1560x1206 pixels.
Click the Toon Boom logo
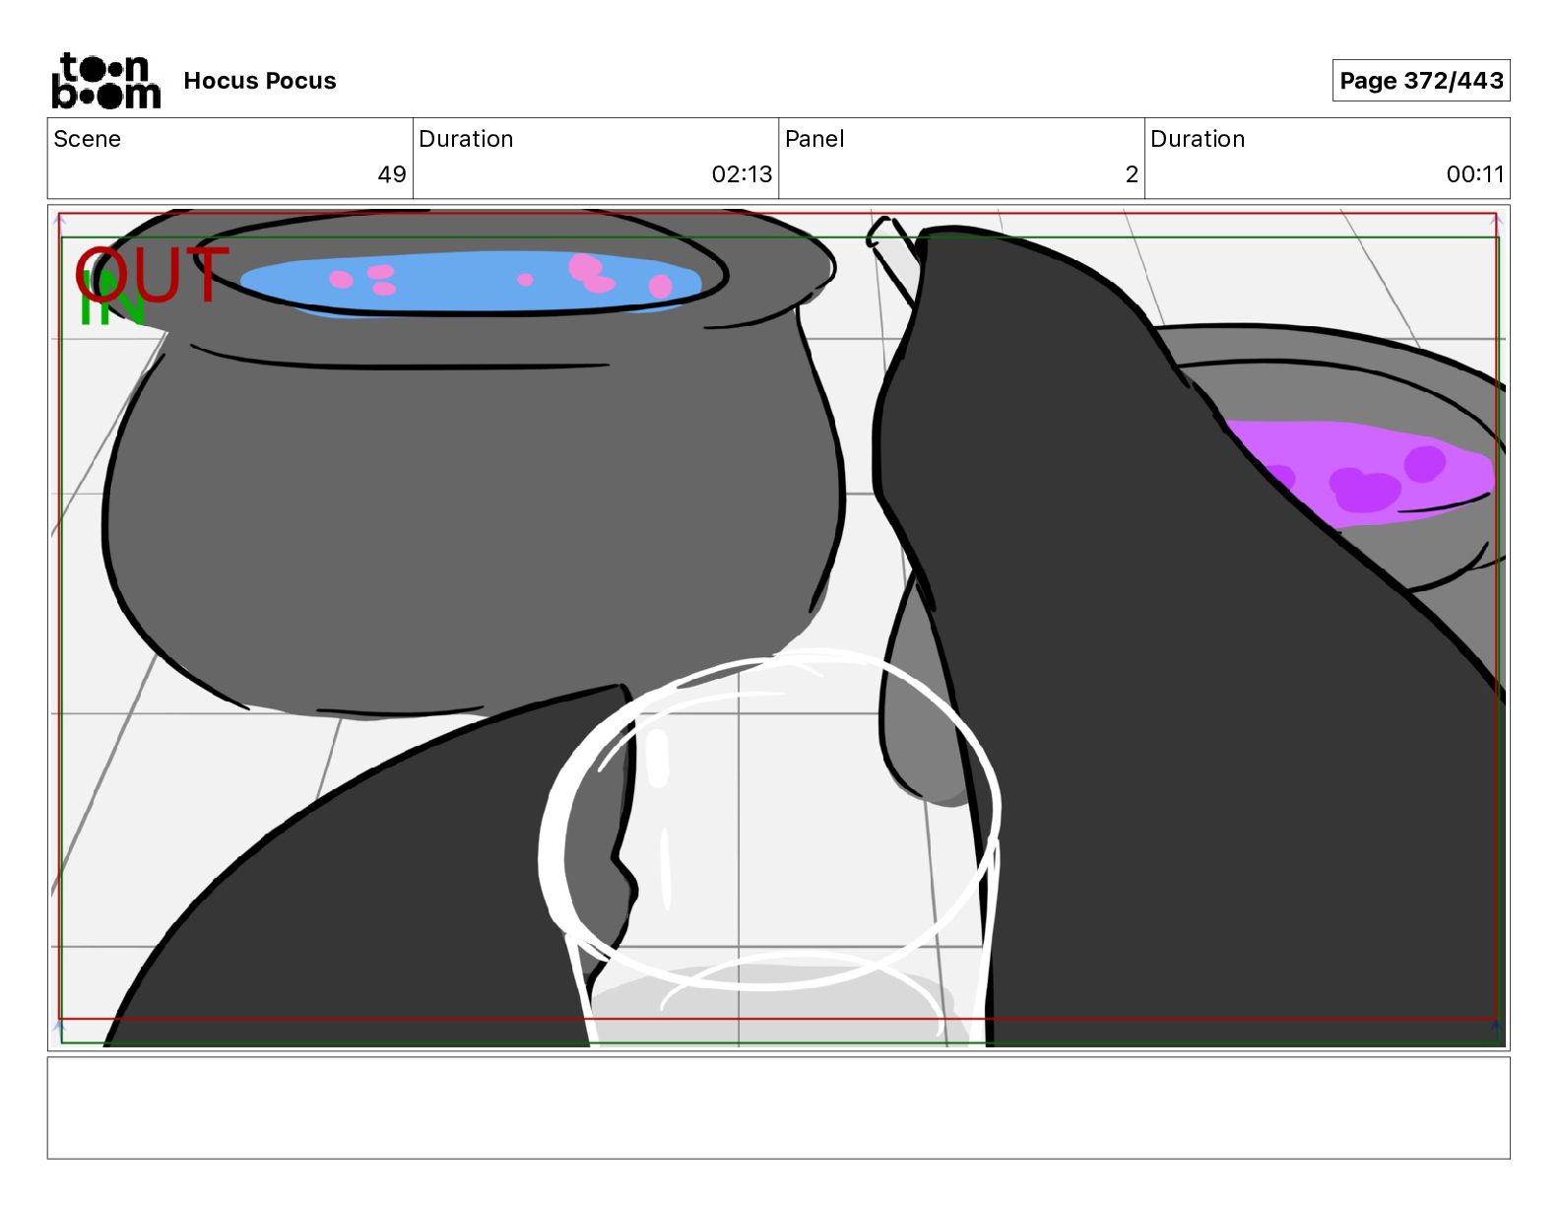[x=106, y=81]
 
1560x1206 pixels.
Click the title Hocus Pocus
[x=260, y=81]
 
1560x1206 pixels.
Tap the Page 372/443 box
[x=1421, y=81]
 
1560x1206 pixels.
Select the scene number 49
[x=392, y=173]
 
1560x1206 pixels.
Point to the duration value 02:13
[x=742, y=173]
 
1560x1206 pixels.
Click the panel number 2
[x=1132, y=173]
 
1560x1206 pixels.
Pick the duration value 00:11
[x=1474, y=173]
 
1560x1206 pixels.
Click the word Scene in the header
[x=87, y=139]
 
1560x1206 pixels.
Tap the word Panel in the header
[x=814, y=139]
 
